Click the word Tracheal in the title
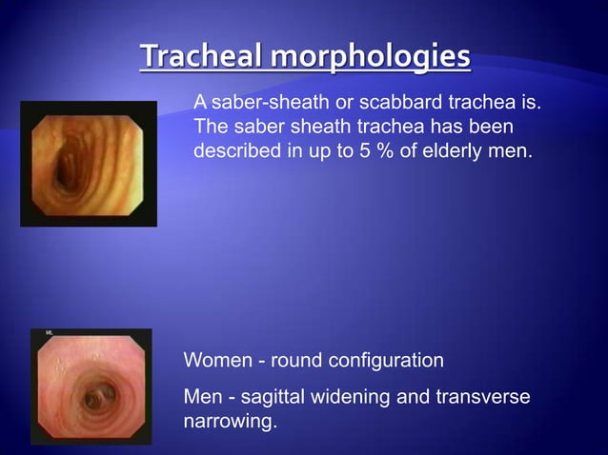(201, 57)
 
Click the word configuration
(386, 362)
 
